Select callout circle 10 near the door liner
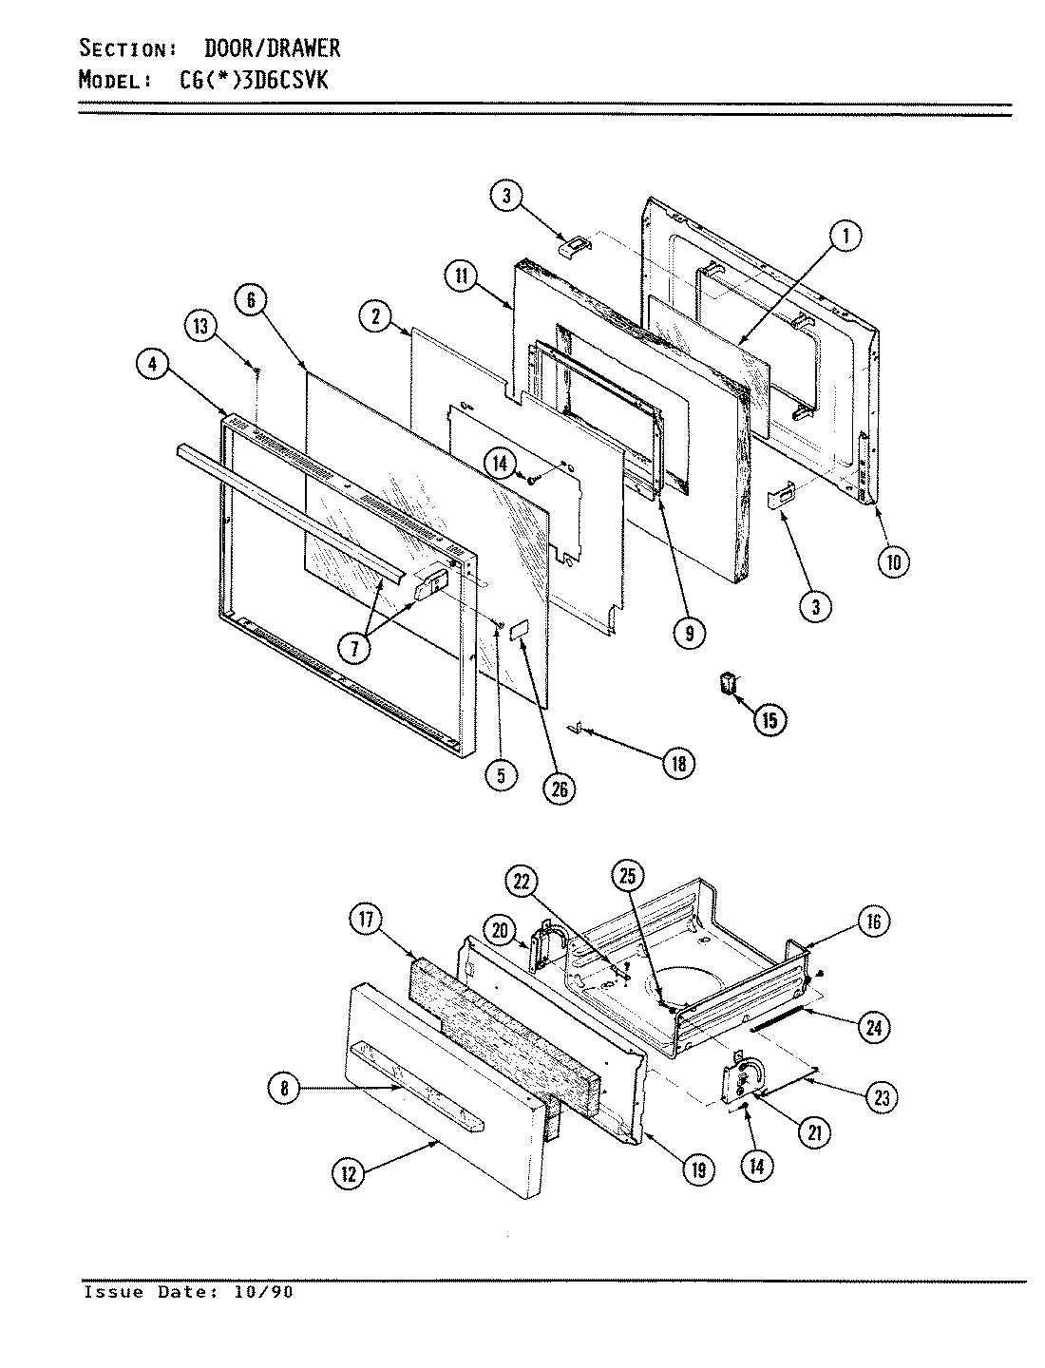[892, 561]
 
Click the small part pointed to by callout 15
[730, 683]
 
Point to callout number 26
[560, 788]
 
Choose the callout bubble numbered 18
[678, 763]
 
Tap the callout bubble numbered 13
[201, 327]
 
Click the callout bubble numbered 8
[284, 1090]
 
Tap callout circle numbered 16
[873, 920]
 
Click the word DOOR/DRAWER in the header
[272, 47]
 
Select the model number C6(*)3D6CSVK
[254, 81]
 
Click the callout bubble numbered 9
[687, 632]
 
